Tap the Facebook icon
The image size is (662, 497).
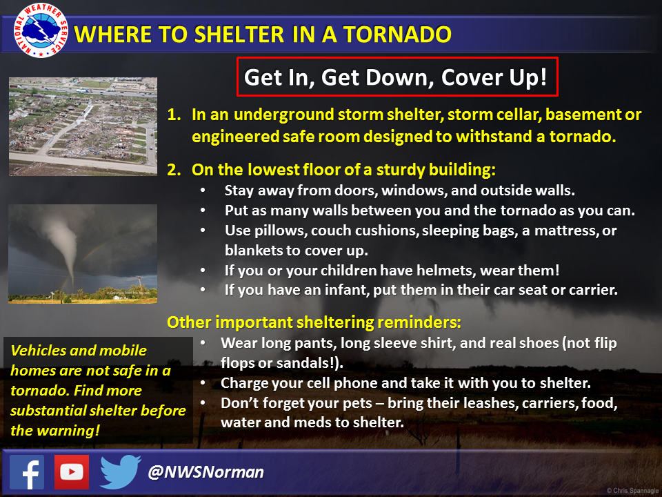(27, 472)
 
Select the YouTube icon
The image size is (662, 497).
(72, 472)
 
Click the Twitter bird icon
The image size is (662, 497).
(120, 472)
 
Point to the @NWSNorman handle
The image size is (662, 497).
(206, 473)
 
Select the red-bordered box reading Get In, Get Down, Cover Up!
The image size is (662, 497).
(397, 77)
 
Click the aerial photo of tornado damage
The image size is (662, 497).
(83, 126)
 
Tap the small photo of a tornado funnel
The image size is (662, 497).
(83, 253)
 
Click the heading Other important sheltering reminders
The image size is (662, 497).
(314, 322)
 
